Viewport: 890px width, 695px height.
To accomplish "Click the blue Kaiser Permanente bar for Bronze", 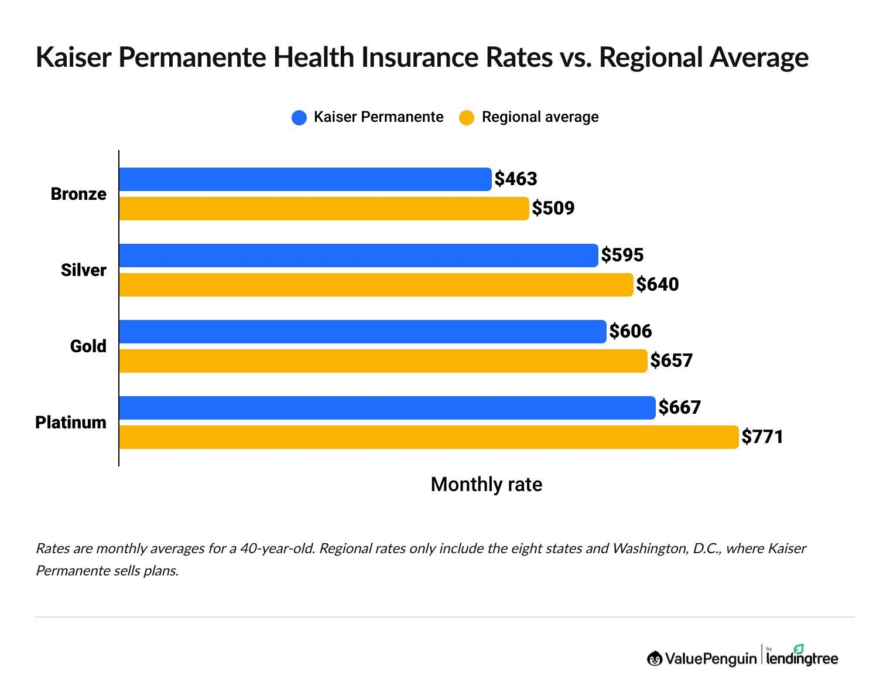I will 305,179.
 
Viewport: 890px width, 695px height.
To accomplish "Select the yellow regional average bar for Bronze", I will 324,209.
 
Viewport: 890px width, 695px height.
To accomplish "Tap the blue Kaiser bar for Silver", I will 358,255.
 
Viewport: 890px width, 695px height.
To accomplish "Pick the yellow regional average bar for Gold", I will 383,361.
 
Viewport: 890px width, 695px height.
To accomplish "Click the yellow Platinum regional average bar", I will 429,437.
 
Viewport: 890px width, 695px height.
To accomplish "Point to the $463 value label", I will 516,179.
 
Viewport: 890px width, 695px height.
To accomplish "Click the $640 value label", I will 658,284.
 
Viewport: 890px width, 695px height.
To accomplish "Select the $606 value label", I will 631,331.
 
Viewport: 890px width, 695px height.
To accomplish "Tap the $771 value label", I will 762,437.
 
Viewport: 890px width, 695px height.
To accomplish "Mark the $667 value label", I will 680,407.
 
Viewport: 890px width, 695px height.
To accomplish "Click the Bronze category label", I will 78,194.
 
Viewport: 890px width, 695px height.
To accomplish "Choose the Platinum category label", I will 71,423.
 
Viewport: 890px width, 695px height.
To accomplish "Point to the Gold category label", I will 88,346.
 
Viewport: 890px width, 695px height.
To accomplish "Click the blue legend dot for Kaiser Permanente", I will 299,118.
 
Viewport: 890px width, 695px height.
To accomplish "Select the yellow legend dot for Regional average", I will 467,118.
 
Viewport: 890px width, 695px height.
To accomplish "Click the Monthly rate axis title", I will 486,485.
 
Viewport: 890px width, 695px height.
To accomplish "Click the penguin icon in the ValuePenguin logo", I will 655,659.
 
